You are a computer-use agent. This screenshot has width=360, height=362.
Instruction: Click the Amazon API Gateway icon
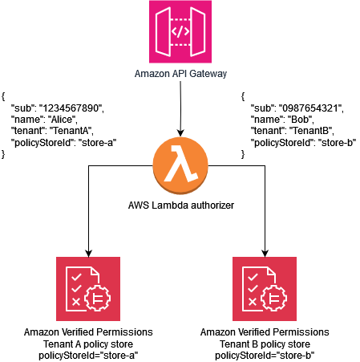click(x=180, y=32)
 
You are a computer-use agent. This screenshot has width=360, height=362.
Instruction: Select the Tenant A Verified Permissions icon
click(x=88, y=288)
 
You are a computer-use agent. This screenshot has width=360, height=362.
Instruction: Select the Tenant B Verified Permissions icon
click(x=264, y=288)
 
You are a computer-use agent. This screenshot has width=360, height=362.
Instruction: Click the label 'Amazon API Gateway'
click(x=180, y=75)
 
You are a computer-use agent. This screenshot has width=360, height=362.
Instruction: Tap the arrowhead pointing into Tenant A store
click(x=88, y=251)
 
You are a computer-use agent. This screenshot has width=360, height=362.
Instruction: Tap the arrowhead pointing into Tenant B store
click(x=264, y=251)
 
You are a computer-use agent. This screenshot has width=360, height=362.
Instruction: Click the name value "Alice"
click(x=61, y=118)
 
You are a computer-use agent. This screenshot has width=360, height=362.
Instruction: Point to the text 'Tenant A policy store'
click(x=88, y=343)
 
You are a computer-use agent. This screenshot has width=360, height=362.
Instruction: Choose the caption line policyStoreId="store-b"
click(x=264, y=354)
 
